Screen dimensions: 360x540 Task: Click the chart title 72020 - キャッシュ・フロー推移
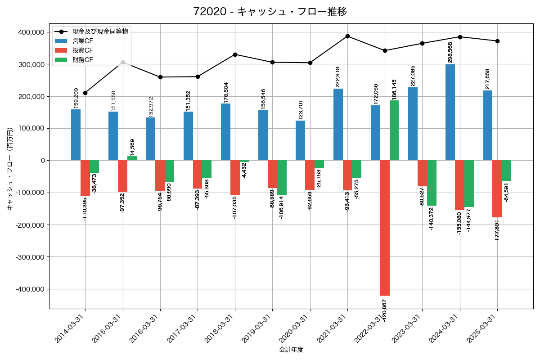pyautogui.click(x=270, y=12)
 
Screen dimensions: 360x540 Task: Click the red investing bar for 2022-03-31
pyautogui.click(x=385, y=228)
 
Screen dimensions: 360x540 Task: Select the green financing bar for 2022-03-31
pyautogui.click(x=394, y=130)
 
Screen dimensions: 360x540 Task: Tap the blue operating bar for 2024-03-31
pyautogui.click(x=450, y=112)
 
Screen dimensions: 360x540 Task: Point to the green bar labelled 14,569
pyautogui.click(x=132, y=158)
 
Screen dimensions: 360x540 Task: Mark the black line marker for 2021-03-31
pyautogui.click(x=347, y=36)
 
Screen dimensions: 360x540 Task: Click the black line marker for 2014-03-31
pyautogui.click(x=85, y=93)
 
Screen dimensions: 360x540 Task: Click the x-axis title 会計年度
pyautogui.click(x=291, y=350)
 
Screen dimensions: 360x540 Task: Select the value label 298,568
pyautogui.click(x=450, y=52)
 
